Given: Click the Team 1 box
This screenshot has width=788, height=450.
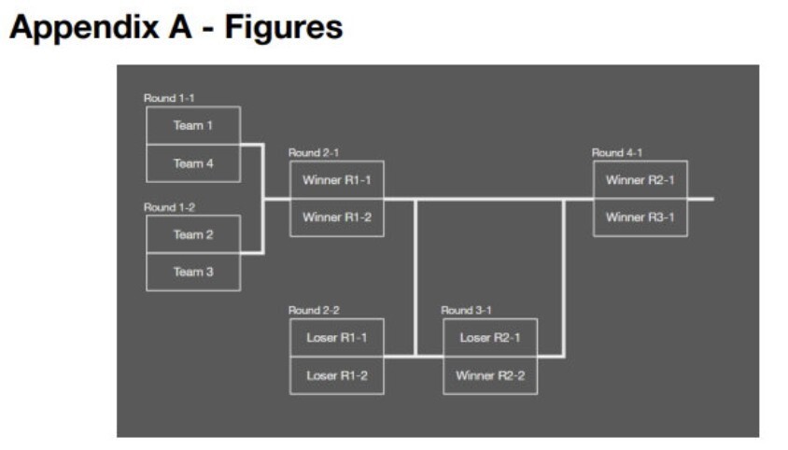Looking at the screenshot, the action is (x=193, y=125).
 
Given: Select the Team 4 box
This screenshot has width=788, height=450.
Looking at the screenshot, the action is (x=193, y=163).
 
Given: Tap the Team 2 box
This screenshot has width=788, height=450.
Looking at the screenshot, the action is (x=193, y=234).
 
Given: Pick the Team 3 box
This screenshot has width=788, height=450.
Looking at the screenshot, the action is (x=193, y=272).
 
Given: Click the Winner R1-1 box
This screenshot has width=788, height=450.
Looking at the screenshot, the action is (x=337, y=180).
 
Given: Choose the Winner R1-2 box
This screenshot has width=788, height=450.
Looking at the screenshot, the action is (x=337, y=218).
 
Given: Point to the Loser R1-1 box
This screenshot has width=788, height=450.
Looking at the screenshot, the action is (x=337, y=338).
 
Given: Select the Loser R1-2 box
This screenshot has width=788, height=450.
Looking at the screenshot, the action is (x=337, y=375).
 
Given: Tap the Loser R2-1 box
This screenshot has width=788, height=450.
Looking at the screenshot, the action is (x=490, y=338).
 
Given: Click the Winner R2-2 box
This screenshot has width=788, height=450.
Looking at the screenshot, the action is (x=490, y=375).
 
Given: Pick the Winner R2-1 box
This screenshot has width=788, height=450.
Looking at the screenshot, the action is (x=640, y=180).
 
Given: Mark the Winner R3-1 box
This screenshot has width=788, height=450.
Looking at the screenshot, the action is (x=640, y=218).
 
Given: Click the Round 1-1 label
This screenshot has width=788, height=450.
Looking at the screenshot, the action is (x=169, y=98).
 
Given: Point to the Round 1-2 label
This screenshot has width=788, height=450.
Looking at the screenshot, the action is (x=169, y=207).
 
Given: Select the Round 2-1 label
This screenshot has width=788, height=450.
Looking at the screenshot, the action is (x=314, y=152).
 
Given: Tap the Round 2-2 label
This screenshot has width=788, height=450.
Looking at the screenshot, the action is (x=314, y=310).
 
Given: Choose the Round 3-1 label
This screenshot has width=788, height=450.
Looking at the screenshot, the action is (x=466, y=310).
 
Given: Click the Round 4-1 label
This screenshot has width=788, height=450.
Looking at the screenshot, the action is (x=616, y=152).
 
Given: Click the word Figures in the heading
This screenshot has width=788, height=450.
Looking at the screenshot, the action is (x=284, y=28).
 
